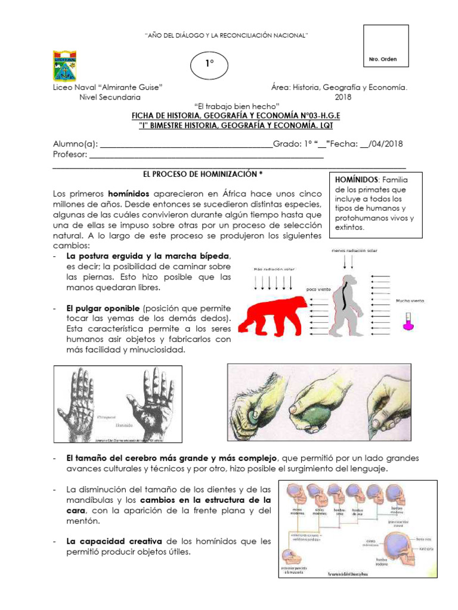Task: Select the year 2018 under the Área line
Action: click(x=343, y=97)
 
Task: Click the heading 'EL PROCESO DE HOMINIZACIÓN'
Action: click(x=203, y=174)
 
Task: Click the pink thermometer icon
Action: click(x=408, y=322)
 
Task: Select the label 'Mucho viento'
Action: click(x=410, y=301)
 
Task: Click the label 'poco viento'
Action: click(x=319, y=289)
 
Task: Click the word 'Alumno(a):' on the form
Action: click(x=75, y=144)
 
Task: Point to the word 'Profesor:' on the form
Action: click(x=70, y=155)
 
